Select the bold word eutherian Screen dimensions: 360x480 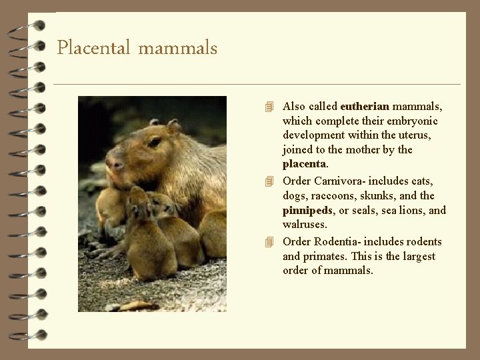pyautogui.click(x=365, y=107)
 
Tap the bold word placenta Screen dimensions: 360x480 pyautogui.click(x=304, y=164)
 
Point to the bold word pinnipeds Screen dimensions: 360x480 pyautogui.click(x=307, y=211)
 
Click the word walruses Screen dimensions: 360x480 pyautogui.click(x=305, y=225)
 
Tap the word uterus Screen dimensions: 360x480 pyautogui.click(x=413, y=135)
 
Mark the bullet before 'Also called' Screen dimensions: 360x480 pyautogui.click(x=269, y=107)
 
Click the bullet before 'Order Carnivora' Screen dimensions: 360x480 pyautogui.click(x=269, y=181)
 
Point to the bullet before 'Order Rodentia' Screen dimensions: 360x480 pyautogui.click(x=269, y=242)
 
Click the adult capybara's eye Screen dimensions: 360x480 pyautogui.click(x=155, y=142)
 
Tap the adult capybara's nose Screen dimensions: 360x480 pyautogui.click(x=115, y=163)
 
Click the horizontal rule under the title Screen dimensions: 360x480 pyautogui.click(x=257, y=84)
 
